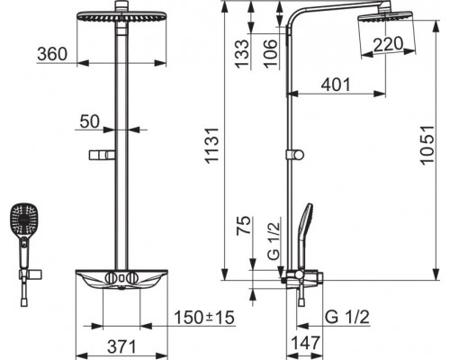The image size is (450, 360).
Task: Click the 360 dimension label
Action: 52,54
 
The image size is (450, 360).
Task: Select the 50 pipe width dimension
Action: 89,121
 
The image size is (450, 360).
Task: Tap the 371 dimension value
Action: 121,346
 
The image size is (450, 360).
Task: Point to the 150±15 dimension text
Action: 204,318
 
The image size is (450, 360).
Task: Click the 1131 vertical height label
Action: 211,146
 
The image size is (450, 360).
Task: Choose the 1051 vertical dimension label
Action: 427,145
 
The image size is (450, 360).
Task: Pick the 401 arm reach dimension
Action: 336,85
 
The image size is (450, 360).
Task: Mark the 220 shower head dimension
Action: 388,44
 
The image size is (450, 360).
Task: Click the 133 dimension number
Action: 242,54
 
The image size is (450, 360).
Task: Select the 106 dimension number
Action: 270,54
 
